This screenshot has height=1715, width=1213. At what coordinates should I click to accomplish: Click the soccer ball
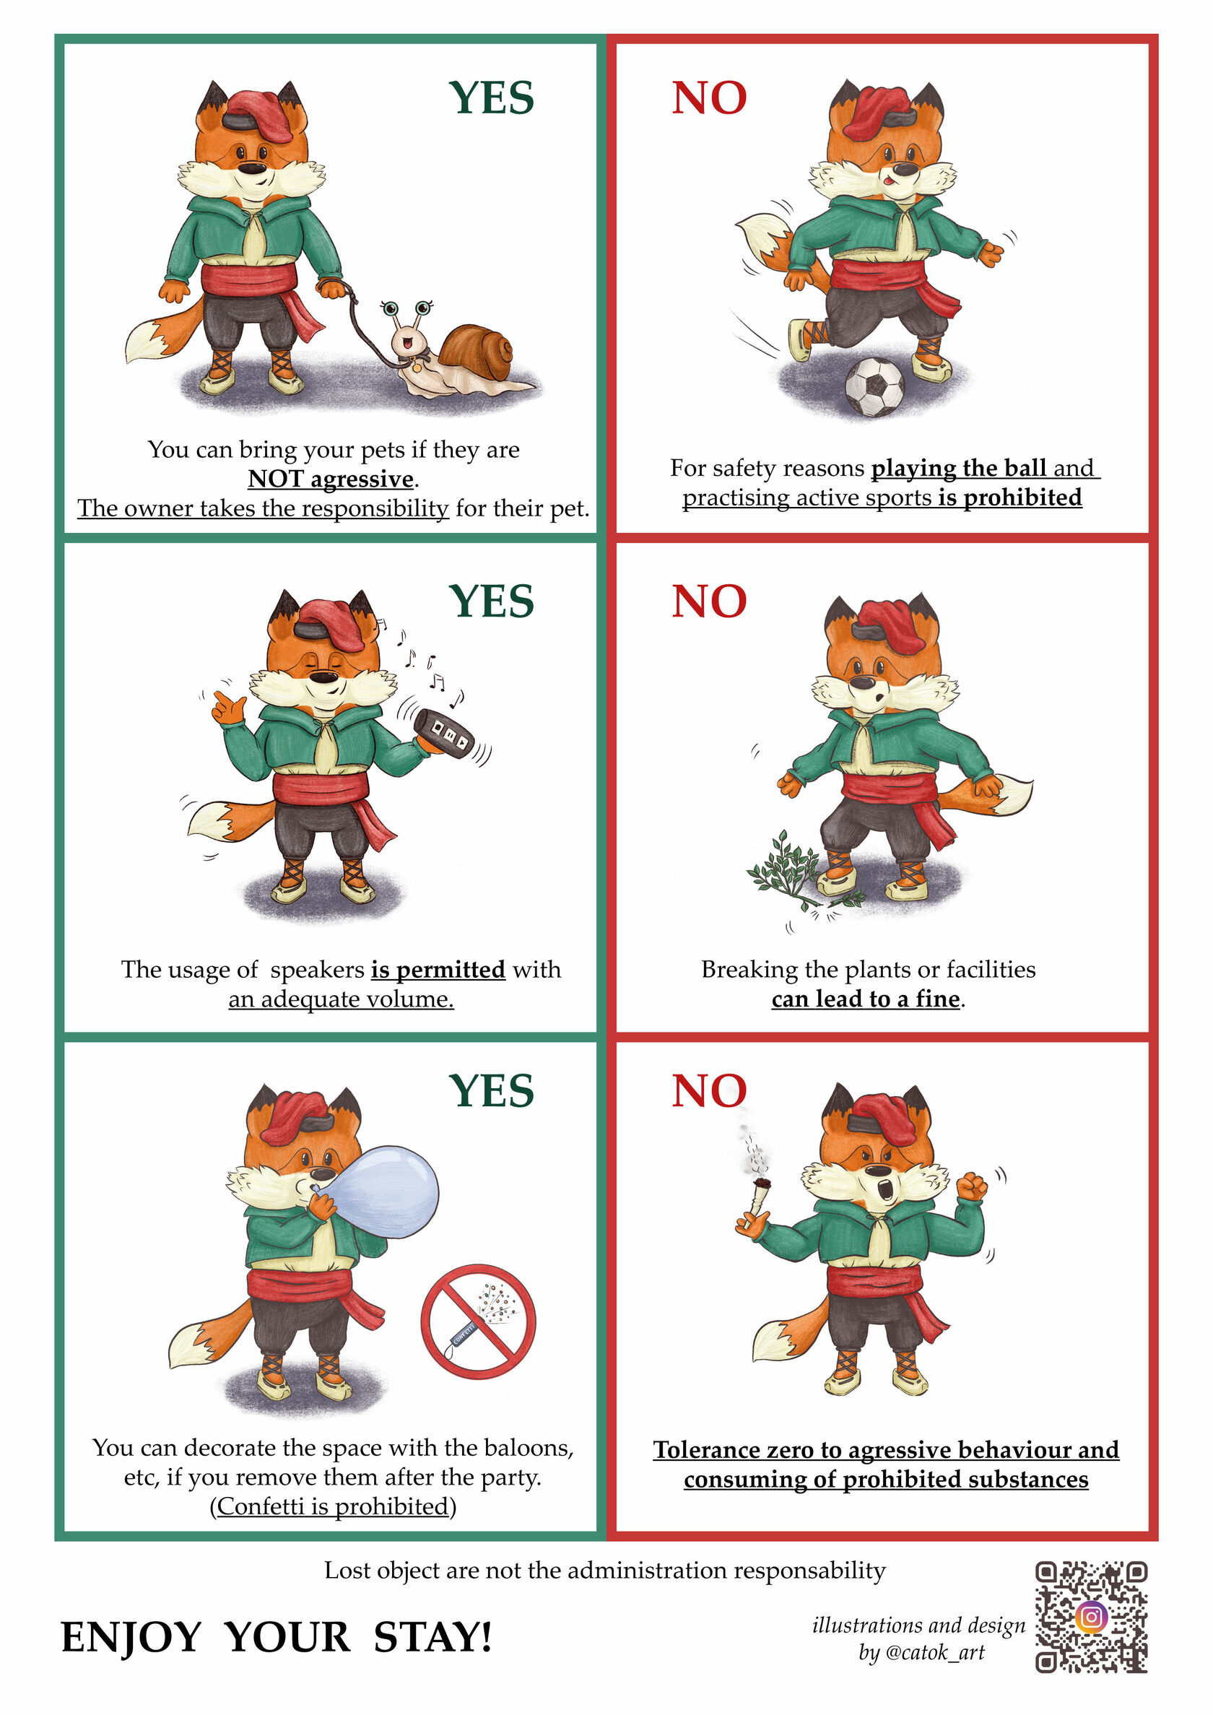pyautogui.click(x=874, y=387)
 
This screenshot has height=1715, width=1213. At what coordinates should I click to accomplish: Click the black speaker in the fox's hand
pyautogui.click(x=445, y=734)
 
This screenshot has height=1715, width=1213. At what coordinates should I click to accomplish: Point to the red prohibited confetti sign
pyautogui.click(x=479, y=1321)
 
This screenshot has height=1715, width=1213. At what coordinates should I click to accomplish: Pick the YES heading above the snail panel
pyautogui.click(x=492, y=98)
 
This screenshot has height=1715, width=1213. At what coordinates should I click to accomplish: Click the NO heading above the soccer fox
pyautogui.click(x=709, y=98)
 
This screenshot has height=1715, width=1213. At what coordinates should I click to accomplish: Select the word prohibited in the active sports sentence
pyautogui.click(x=1022, y=497)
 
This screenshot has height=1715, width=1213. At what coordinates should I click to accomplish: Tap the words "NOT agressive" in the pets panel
pyautogui.click(x=331, y=478)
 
